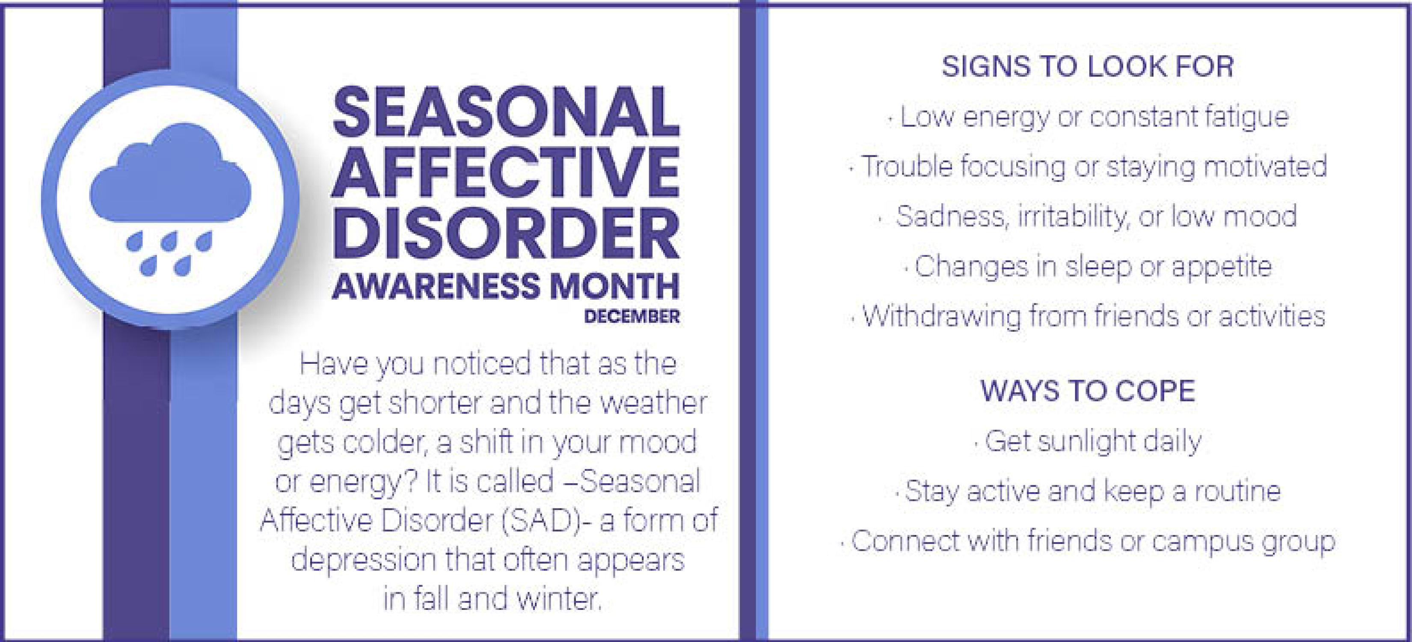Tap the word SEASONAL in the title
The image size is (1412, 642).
point(505,113)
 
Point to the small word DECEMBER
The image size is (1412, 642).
point(632,317)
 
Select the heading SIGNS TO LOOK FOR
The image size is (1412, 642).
point(1088,66)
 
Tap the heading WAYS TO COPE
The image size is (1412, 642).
point(1088,391)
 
